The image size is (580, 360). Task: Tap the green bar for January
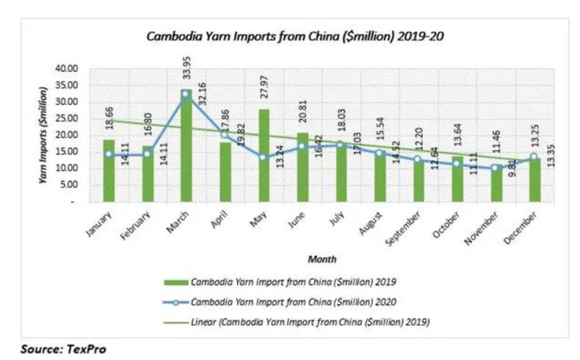pyautogui.click(x=108, y=170)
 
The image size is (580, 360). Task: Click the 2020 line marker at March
pyautogui.click(x=185, y=94)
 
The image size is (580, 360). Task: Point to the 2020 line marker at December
pyautogui.click(x=534, y=156)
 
